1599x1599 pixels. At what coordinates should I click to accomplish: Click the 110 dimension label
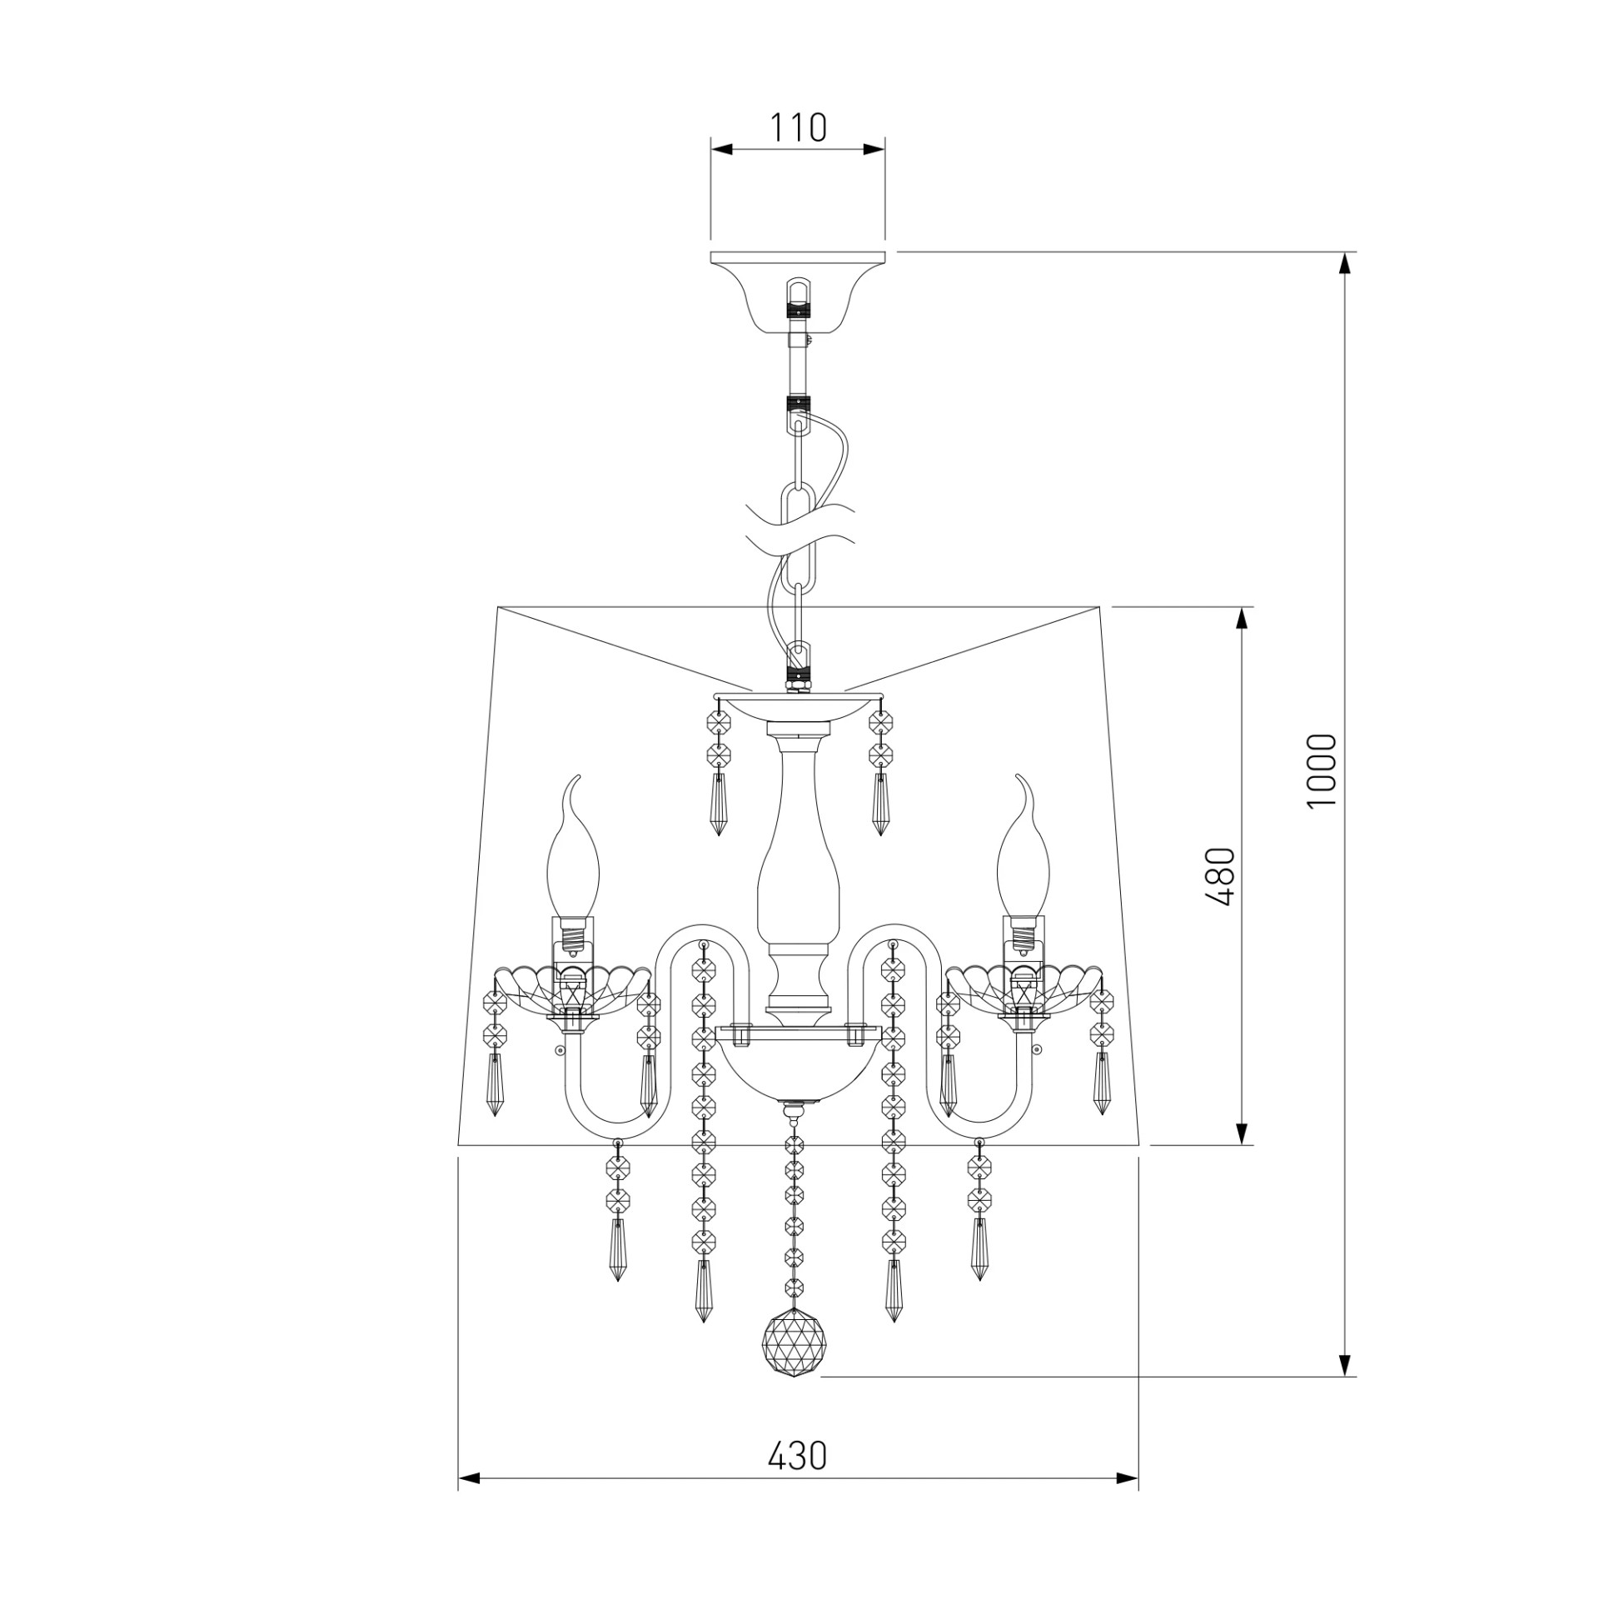(x=797, y=127)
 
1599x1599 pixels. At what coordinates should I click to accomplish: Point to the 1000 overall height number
(x=1322, y=771)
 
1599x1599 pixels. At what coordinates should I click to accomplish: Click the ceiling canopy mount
(x=798, y=291)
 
